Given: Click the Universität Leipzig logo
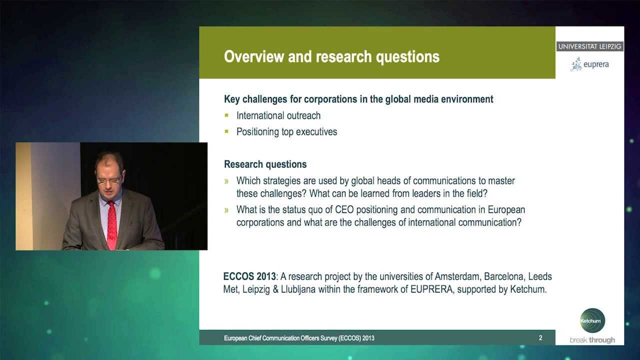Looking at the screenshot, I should [x=589, y=46].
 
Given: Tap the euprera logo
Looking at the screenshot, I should [x=589, y=64].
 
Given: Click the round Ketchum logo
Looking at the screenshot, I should [x=592, y=320].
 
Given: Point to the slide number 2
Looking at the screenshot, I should [x=540, y=338].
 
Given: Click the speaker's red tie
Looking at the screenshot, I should [x=111, y=224].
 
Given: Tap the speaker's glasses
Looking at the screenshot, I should [x=108, y=179].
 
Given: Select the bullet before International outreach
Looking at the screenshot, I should [x=226, y=115].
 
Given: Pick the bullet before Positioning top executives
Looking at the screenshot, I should [x=226, y=132].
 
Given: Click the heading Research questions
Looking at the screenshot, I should [x=265, y=164].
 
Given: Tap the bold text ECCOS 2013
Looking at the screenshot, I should [x=249, y=276].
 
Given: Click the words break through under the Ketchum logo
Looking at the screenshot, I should [x=592, y=340].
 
